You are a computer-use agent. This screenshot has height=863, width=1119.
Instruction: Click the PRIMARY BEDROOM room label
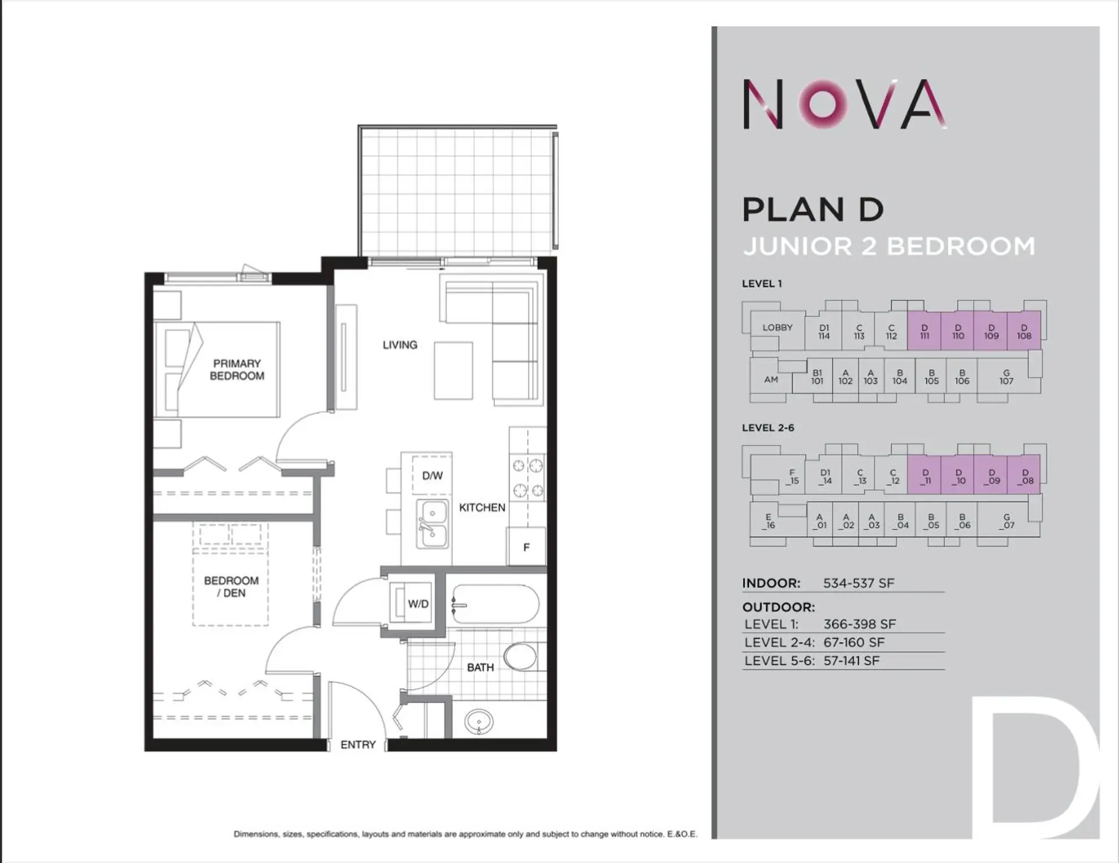237,369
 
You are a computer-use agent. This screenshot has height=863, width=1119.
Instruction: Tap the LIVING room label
400,345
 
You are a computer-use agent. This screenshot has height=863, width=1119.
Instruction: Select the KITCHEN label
482,508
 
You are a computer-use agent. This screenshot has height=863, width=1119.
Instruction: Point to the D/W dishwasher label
432,475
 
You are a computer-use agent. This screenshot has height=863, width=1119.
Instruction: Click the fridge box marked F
526,547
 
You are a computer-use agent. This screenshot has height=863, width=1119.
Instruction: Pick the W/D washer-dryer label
418,604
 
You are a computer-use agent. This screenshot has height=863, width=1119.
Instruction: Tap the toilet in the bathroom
522,656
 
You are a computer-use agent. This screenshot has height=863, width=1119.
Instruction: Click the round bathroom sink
479,722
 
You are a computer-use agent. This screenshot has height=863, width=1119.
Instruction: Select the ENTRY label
358,745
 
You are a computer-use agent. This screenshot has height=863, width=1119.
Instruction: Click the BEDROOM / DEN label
231,586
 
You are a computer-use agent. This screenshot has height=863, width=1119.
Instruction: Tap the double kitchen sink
432,524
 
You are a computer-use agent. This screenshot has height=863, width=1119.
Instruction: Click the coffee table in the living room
453,371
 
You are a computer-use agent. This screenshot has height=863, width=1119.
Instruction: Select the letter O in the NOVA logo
823,103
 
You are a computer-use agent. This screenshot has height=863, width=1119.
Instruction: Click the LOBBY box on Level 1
777,327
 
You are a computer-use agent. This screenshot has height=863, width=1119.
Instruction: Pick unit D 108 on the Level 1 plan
1024,332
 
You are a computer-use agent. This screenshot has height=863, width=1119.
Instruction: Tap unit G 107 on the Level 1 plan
1006,377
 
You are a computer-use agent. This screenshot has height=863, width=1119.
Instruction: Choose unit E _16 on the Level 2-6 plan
769,521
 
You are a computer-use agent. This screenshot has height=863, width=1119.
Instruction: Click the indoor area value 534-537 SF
858,583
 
